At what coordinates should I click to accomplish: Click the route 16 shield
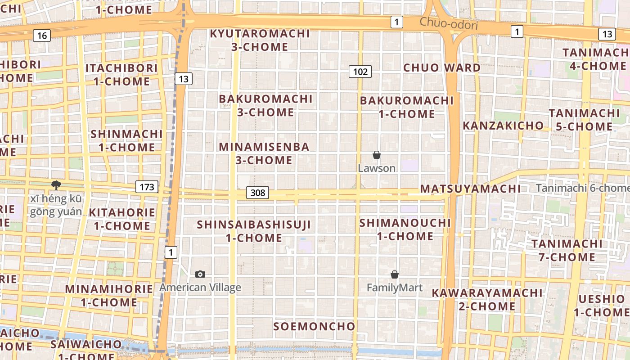click(x=41, y=36)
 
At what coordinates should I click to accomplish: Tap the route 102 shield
click(x=360, y=71)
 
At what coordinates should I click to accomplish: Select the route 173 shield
click(x=147, y=187)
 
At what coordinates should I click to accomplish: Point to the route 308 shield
click(x=257, y=193)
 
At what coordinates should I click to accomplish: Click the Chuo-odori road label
click(x=448, y=23)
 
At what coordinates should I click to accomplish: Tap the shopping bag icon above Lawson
click(x=377, y=155)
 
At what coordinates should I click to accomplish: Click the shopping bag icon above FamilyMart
click(x=395, y=274)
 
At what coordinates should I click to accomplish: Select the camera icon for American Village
click(x=200, y=274)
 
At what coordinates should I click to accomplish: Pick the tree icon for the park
click(x=56, y=185)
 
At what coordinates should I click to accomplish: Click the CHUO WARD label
click(x=441, y=68)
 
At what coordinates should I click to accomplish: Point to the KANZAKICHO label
click(x=503, y=126)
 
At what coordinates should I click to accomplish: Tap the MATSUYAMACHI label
click(x=470, y=189)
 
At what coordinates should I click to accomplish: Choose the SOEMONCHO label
click(x=314, y=326)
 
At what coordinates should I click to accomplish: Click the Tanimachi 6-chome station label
click(x=582, y=188)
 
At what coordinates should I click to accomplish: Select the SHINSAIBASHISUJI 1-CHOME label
click(x=254, y=230)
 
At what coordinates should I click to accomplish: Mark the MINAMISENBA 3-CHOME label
click(x=264, y=153)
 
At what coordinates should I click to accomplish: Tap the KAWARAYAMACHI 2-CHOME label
click(x=487, y=299)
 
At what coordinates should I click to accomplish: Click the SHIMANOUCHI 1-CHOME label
click(x=405, y=229)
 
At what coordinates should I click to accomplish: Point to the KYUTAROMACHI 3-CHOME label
click(x=260, y=40)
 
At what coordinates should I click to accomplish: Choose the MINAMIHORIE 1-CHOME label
click(x=109, y=295)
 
